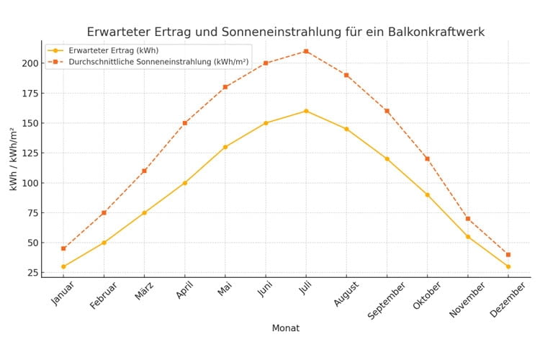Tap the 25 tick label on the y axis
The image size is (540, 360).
[x=32, y=272]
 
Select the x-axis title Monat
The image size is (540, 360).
[x=285, y=328]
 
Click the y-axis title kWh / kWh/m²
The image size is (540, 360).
[x=13, y=158]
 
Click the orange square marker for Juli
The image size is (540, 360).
[x=306, y=51]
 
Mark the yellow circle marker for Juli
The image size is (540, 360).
[x=306, y=111]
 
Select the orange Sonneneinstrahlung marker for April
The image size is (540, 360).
[x=185, y=123]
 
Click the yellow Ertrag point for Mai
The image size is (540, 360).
[x=225, y=147]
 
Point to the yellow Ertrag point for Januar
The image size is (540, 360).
[x=63, y=266]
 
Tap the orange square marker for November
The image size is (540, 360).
[x=468, y=219]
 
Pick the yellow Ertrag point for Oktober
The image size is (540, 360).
[x=427, y=194]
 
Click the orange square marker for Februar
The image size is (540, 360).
[x=104, y=212]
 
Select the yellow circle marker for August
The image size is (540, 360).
[x=346, y=129]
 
